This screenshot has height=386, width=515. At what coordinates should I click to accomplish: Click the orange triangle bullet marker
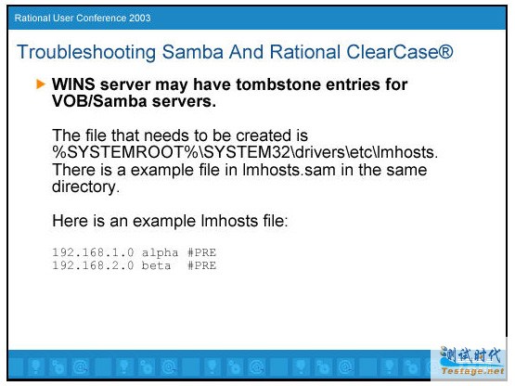41,84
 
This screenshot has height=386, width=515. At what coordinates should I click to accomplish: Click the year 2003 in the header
139,18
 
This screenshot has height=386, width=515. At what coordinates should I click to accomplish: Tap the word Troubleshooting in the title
86,53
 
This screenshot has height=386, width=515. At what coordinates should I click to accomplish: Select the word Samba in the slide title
193,52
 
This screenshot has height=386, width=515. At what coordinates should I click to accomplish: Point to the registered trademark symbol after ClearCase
445,52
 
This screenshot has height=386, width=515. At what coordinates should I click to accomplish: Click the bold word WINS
73,84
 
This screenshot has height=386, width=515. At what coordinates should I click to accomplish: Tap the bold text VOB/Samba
99,101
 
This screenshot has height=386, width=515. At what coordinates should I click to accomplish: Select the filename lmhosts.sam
289,170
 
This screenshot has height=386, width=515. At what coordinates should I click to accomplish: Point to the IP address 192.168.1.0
94,252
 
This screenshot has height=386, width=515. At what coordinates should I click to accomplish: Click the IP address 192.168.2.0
94,265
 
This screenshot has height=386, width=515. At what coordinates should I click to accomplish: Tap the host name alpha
160,253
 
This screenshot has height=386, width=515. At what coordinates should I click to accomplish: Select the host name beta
156,265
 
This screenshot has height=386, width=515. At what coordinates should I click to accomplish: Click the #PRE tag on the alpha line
201,252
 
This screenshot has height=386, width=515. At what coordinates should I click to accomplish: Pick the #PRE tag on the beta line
201,265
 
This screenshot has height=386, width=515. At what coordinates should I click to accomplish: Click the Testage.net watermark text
472,371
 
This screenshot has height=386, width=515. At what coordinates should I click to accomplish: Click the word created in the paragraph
264,135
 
